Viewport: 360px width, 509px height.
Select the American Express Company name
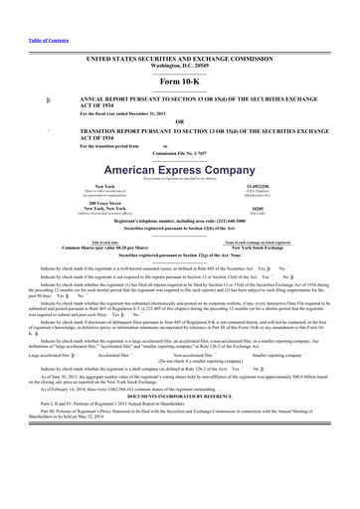(179, 170)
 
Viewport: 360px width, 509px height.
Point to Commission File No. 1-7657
(179, 153)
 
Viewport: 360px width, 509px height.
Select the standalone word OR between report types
(179, 122)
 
